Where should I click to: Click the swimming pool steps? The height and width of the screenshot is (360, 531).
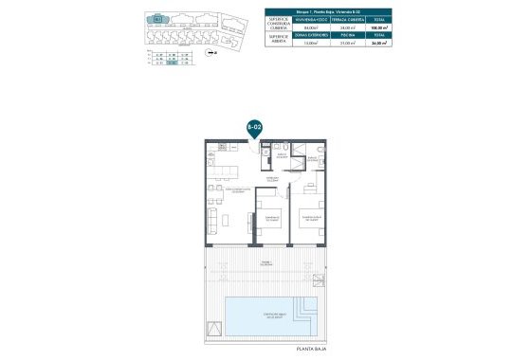[306, 309]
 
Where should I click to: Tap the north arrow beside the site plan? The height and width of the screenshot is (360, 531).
[211, 53]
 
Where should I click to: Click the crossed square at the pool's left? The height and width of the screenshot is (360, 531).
[216, 329]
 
